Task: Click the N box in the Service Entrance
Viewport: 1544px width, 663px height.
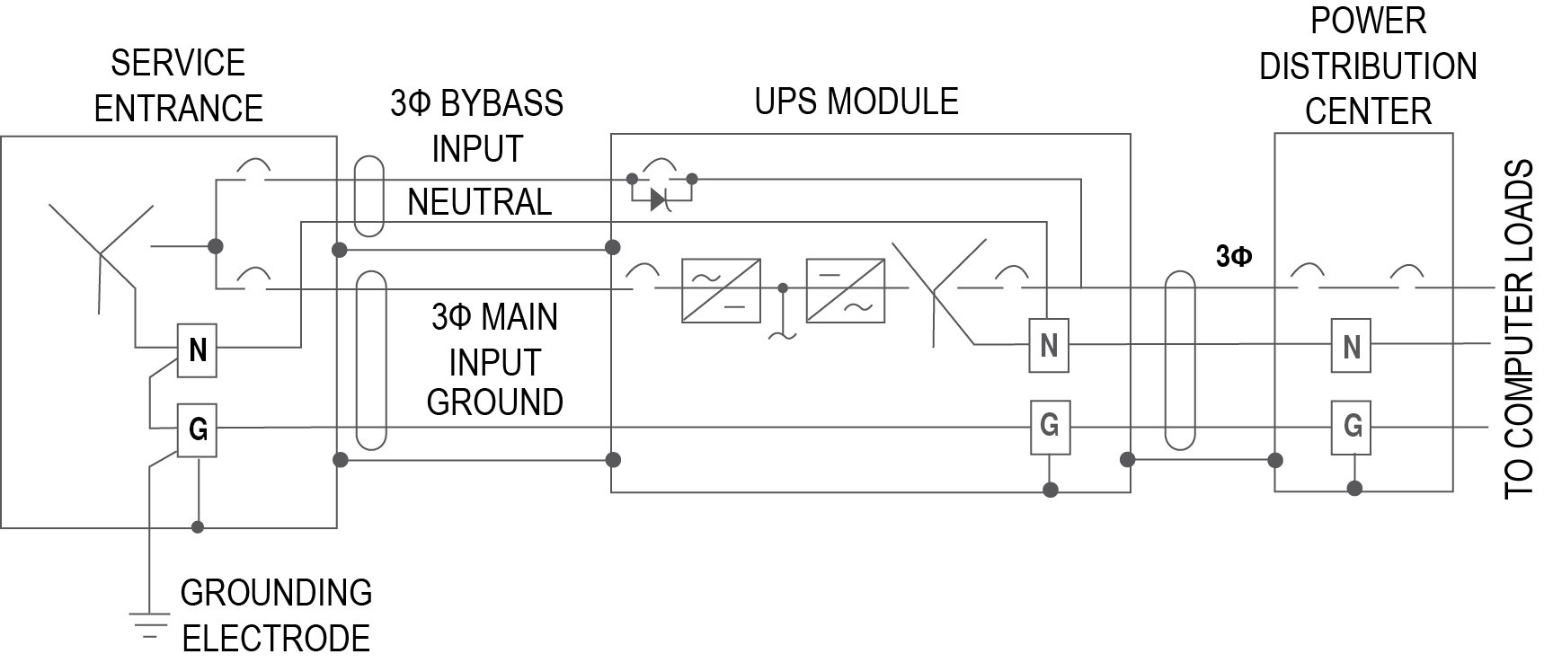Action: tap(198, 349)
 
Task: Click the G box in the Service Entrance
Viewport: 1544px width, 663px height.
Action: tap(198, 430)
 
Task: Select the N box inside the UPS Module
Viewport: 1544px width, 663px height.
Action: tap(1048, 345)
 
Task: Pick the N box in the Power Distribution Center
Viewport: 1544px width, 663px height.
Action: tap(1351, 346)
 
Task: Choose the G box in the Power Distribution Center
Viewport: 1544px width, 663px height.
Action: tap(1352, 425)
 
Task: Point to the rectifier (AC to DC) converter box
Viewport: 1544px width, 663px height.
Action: tap(721, 290)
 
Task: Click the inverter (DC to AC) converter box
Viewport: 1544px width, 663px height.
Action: tap(845, 290)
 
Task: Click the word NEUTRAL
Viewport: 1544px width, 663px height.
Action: tap(479, 202)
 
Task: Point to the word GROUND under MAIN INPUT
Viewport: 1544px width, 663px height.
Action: tap(494, 402)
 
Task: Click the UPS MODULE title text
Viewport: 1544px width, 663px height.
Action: tap(856, 101)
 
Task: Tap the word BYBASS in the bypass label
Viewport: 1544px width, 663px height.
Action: tap(501, 103)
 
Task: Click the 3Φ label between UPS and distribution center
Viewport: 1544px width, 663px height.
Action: tap(1233, 257)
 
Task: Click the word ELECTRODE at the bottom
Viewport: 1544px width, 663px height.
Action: tap(276, 638)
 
